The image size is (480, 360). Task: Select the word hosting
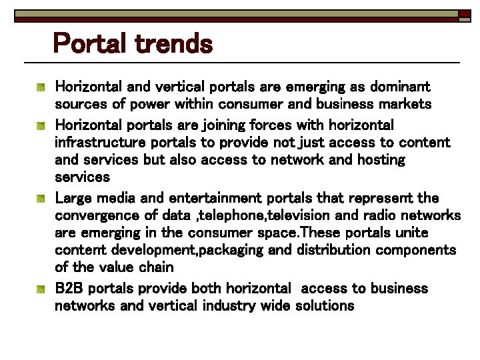379,161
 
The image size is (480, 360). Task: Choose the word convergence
97,215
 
